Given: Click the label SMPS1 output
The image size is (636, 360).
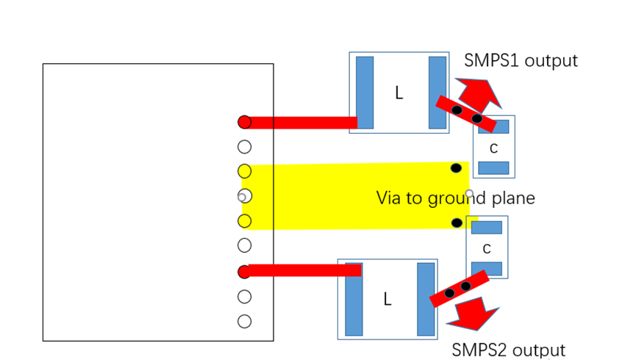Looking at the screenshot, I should tap(521, 60).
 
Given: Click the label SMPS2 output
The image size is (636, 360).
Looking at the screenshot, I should tap(508, 350).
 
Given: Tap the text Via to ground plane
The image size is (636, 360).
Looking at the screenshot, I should tap(455, 198).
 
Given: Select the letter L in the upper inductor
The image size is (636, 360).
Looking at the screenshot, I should tap(399, 93).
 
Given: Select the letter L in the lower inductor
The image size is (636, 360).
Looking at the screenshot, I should tap(387, 299).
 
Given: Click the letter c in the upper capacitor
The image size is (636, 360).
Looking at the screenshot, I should tap(493, 148).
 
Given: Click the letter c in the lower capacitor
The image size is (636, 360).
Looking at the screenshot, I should tap(487, 248).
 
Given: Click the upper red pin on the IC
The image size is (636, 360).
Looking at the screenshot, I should tap(245, 122).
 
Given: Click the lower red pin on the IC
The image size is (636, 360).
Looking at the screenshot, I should tap(245, 272).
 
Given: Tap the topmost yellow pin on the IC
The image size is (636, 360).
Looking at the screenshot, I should tap(245, 171).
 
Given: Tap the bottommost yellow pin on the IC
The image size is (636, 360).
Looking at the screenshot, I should tap(245, 220).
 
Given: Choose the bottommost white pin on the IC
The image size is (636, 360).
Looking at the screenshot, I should tap(245, 321).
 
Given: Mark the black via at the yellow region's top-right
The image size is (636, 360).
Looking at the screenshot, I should tap(456, 168).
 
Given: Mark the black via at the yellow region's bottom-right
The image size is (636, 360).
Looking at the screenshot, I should tap(457, 223).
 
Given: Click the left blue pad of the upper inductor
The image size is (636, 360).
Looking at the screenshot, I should tap(365, 93).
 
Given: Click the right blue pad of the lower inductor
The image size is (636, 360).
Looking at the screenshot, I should tap(426, 299).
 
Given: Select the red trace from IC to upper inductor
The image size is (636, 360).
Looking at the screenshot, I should tap(301, 123).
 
